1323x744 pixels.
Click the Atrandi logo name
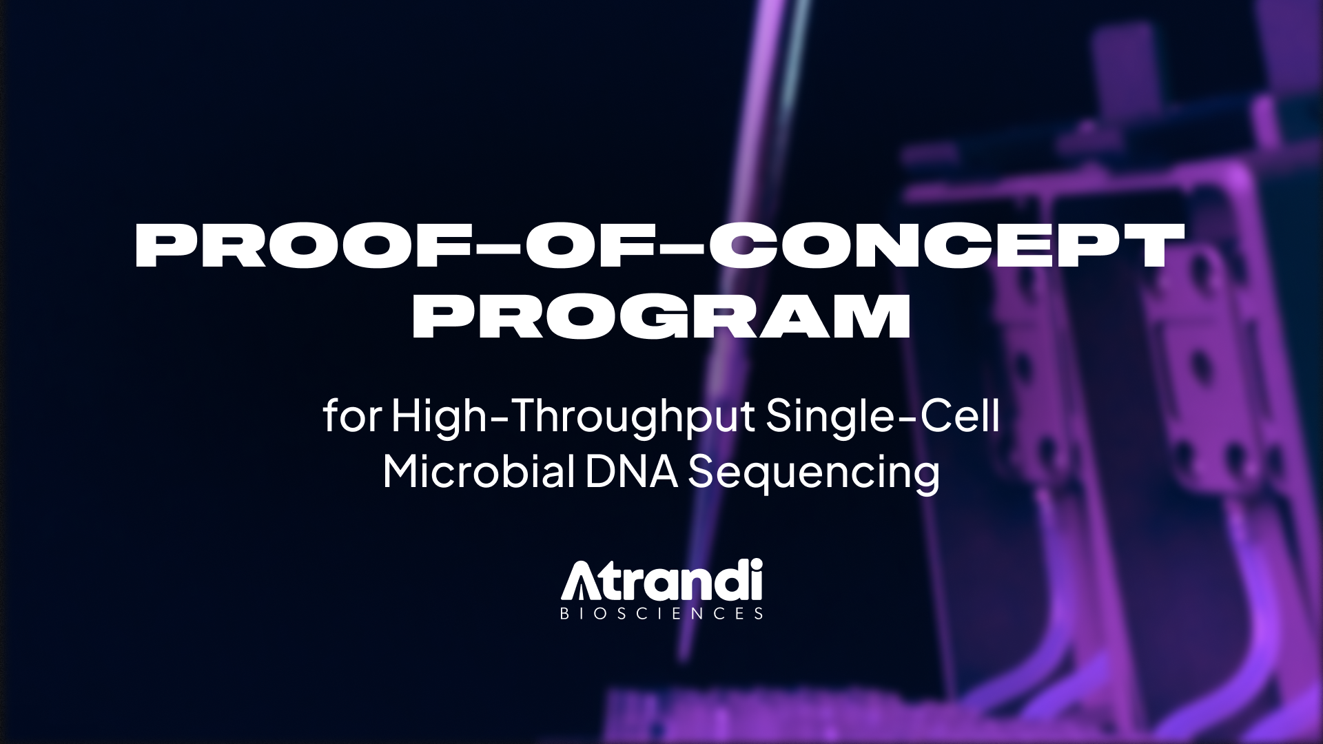[661, 581]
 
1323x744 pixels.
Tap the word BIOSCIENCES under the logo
[661, 613]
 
